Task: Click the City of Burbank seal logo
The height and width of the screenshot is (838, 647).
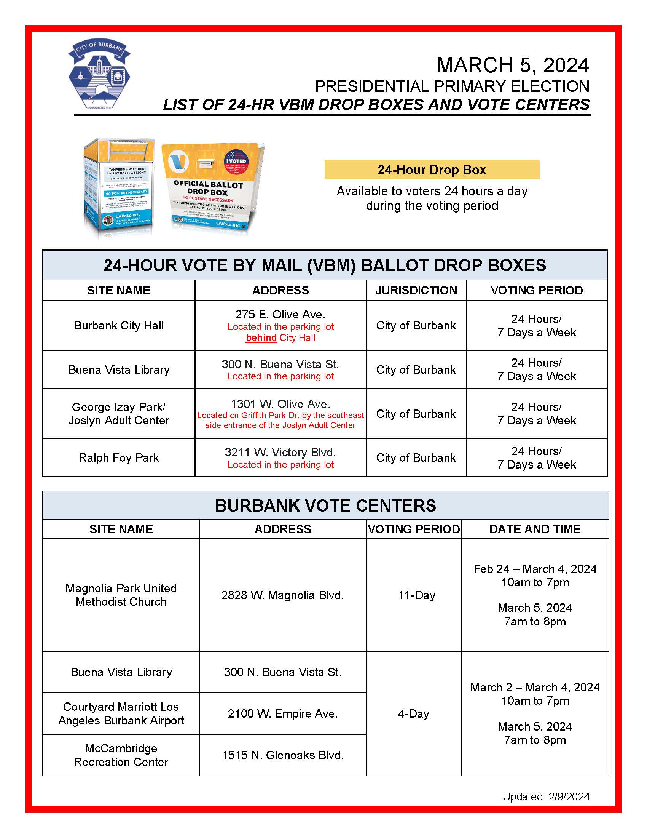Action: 99,74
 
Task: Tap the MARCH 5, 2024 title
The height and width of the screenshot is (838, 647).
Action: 513,65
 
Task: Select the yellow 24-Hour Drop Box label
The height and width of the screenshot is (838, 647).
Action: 432,170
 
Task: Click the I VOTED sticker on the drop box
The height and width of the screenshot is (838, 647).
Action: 236,162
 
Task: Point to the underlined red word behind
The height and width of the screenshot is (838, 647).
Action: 261,337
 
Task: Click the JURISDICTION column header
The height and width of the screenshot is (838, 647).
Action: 416,291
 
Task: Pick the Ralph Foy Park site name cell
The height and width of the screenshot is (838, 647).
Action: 119,458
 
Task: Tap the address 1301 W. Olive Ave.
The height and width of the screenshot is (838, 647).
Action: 280,404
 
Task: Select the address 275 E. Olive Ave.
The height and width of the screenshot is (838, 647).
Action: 280,315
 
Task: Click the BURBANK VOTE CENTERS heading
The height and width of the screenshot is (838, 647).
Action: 325,506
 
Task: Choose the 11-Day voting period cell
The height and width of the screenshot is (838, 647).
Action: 416,595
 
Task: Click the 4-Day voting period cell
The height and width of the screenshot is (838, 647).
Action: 414,714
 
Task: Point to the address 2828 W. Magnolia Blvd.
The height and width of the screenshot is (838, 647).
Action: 282,595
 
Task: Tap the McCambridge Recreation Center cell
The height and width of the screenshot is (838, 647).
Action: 121,755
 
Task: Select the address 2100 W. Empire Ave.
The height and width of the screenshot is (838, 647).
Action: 282,714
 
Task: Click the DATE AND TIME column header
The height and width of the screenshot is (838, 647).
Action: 535,529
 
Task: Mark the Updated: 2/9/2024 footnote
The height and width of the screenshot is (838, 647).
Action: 546,796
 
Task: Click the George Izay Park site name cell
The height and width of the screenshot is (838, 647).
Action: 119,414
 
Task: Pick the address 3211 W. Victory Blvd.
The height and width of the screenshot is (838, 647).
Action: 280,453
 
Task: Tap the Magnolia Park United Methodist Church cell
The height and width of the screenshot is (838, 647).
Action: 121,595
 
